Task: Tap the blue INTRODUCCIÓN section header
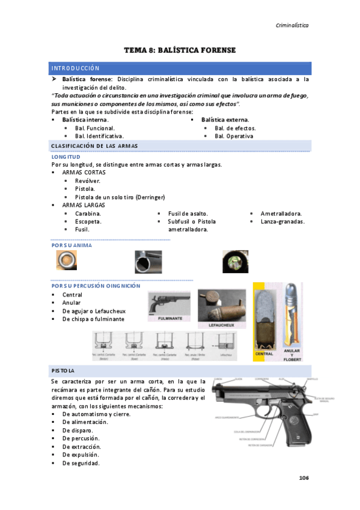(75, 69)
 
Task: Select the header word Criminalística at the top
(292, 25)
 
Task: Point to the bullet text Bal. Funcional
(95, 128)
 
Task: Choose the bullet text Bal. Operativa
(234, 136)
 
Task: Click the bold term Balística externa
(225, 120)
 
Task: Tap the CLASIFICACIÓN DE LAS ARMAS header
(95, 146)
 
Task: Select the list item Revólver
(88, 180)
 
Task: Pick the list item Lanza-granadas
(282, 221)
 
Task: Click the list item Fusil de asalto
(188, 214)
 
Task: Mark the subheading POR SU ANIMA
(72, 245)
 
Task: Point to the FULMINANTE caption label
(170, 319)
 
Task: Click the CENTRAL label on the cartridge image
(264, 354)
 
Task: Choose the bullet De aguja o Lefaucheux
(94, 311)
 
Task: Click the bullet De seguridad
(81, 463)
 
